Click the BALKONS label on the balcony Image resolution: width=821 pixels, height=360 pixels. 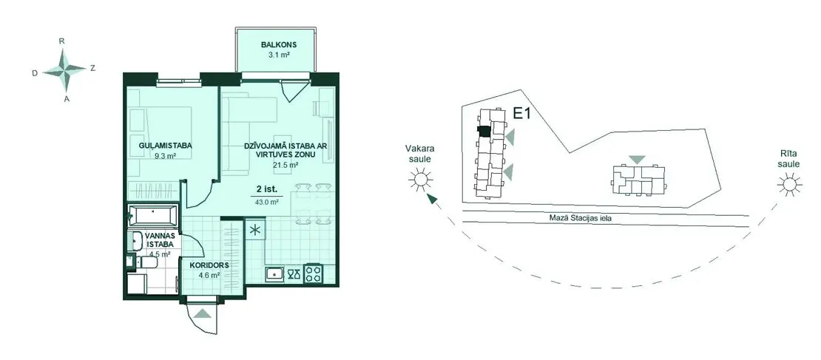coord(275,44)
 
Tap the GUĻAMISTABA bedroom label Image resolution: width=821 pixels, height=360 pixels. coord(165,146)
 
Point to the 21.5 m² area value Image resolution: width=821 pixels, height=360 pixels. coord(286,165)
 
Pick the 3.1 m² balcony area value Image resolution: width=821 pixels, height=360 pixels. coord(276,54)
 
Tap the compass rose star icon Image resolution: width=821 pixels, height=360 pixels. coord(64,69)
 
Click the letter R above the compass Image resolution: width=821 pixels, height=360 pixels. coord(62,41)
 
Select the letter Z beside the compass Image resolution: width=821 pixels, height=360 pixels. coord(92,67)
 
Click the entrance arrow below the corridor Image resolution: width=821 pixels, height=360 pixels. coord(202,313)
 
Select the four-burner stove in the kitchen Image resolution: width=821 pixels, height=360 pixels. coord(314,274)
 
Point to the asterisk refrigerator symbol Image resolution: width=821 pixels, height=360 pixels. coord(255,230)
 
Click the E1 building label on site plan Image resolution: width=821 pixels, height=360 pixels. coord(521,114)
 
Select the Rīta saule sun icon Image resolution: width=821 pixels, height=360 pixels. coord(789,186)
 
